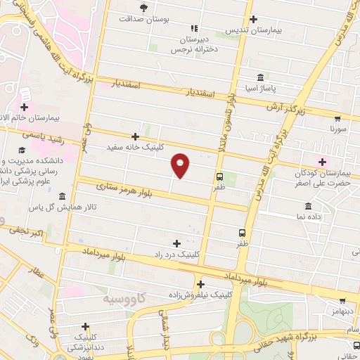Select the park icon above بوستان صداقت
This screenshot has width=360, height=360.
pyautogui.click(x=143, y=8)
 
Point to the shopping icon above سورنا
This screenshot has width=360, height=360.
pyautogui.click(x=338, y=118)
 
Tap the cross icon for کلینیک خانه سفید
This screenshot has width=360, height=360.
pyautogui.click(x=136, y=136)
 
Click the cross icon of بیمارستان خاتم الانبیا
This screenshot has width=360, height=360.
pyautogui.click(x=25, y=107)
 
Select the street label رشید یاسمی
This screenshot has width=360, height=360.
pyautogui.click(x=43, y=136)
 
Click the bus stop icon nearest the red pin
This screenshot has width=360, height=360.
pyautogui.click(x=220, y=176)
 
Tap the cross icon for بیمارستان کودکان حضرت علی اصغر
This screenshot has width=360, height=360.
pyautogui.click(x=323, y=162)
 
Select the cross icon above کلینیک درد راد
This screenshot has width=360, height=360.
pyautogui.click(x=176, y=243)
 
